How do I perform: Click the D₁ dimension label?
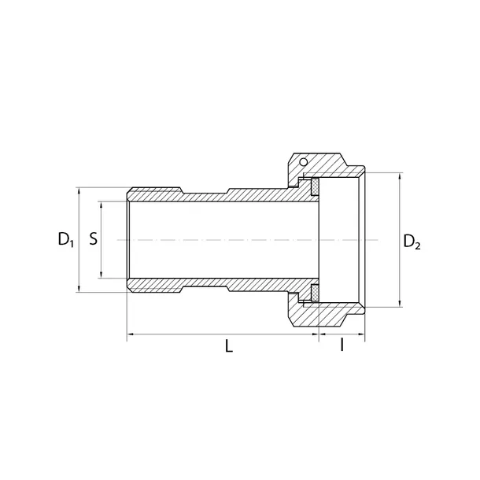click(x=65, y=240)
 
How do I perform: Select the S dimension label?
click(x=93, y=238)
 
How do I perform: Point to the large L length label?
click(x=229, y=346)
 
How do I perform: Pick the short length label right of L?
click(x=342, y=346)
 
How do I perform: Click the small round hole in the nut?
click(x=301, y=162)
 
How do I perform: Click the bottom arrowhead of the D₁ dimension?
click(x=78, y=290)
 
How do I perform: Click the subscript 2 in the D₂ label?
click(x=418, y=246)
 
